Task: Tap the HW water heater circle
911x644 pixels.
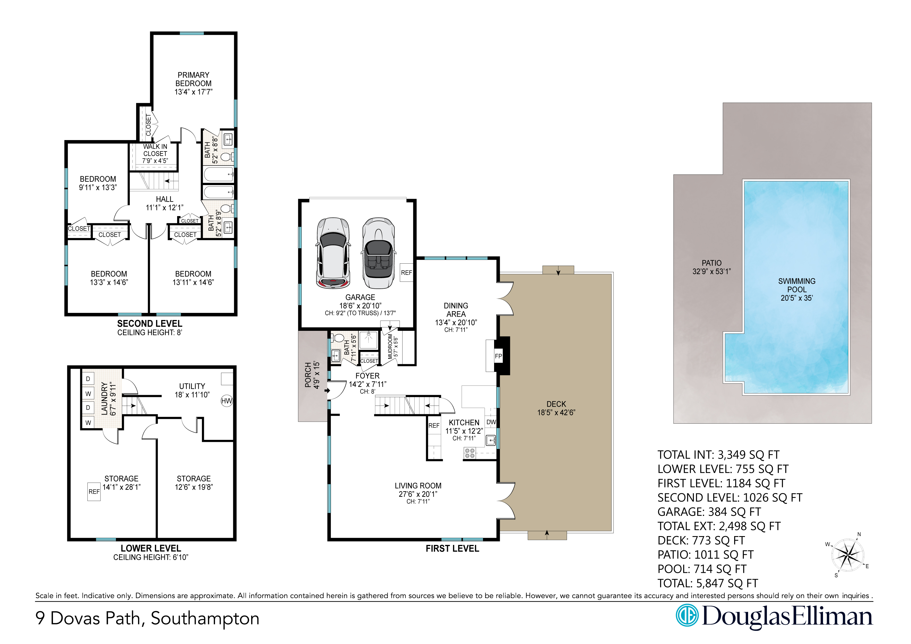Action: (227, 401)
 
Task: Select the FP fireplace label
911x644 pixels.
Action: (498, 356)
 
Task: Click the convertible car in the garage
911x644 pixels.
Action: (378, 253)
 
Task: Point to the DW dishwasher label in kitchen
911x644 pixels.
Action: (491, 422)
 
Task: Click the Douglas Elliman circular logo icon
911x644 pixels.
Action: (687, 616)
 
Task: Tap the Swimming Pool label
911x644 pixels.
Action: (797, 289)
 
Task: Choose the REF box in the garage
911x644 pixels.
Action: (406, 272)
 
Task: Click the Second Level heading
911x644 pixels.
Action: (150, 323)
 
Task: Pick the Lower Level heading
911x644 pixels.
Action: (151, 548)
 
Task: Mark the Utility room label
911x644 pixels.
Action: (192, 386)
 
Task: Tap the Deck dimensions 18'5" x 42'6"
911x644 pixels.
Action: (556, 412)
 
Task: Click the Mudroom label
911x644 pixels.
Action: (390, 346)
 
